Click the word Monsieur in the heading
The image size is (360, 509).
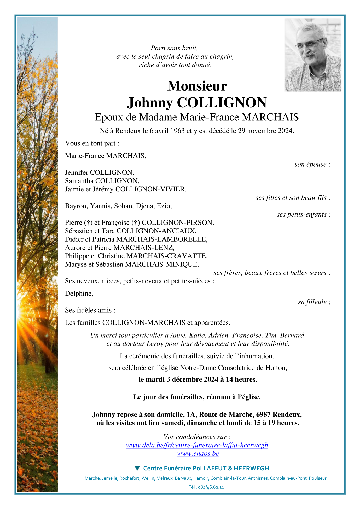point(197,86)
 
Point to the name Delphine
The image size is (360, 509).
point(79,294)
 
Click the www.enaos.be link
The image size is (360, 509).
point(198,454)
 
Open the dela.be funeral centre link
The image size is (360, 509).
point(197,445)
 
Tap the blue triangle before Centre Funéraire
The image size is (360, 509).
point(137,468)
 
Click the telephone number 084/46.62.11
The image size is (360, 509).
point(211,487)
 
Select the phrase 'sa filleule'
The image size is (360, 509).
point(312,302)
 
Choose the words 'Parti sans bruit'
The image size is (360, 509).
point(174,48)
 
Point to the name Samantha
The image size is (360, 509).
point(79,181)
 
